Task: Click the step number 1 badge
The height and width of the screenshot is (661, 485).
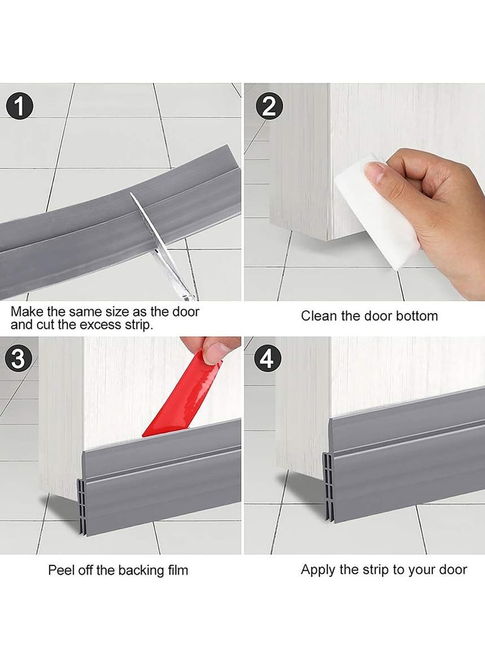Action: (21, 107)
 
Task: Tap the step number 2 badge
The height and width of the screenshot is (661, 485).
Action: (269, 107)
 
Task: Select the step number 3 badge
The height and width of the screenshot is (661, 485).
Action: (18, 359)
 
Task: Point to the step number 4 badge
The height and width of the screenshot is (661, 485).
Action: (267, 359)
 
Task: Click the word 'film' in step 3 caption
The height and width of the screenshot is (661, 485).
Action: (176, 570)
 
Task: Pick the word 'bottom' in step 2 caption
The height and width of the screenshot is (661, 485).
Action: (416, 316)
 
